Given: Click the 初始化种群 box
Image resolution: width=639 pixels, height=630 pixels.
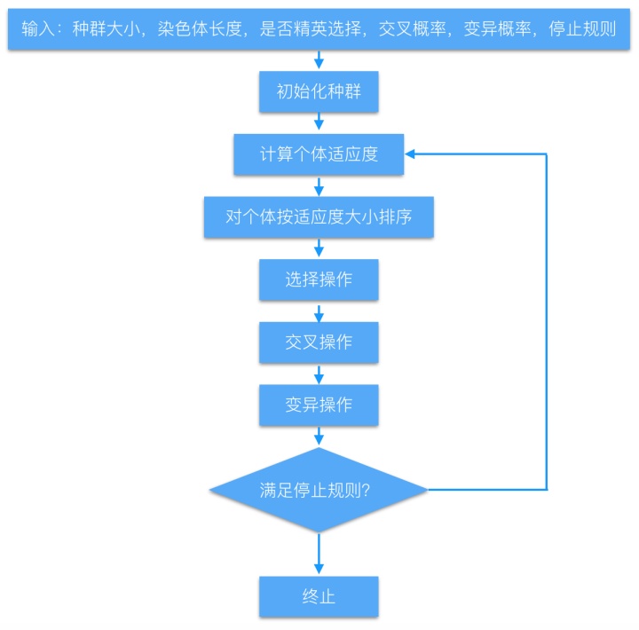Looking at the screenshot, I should (319, 92).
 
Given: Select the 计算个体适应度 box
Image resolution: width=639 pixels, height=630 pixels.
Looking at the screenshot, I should (319, 154).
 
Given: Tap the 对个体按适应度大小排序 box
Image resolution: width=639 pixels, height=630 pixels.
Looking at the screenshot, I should (319, 217).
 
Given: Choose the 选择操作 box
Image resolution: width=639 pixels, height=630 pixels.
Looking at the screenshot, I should (319, 280).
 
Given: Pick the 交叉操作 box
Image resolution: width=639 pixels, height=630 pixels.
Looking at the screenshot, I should (319, 342).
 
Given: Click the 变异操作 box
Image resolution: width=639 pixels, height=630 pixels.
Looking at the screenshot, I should (319, 405).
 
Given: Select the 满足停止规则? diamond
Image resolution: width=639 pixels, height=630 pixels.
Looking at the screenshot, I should (319, 489).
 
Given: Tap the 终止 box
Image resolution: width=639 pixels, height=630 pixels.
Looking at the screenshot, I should (319, 596).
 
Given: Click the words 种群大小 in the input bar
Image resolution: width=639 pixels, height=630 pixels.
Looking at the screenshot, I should (100, 28).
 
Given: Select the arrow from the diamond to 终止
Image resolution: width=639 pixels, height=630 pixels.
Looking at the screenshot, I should (319, 555).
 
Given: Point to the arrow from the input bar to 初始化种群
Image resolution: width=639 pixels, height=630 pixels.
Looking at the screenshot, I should (319, 60).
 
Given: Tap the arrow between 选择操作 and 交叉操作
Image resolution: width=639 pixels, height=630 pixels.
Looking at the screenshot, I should (319, 311).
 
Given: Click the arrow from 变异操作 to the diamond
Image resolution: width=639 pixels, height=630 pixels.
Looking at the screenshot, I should (319, 437).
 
